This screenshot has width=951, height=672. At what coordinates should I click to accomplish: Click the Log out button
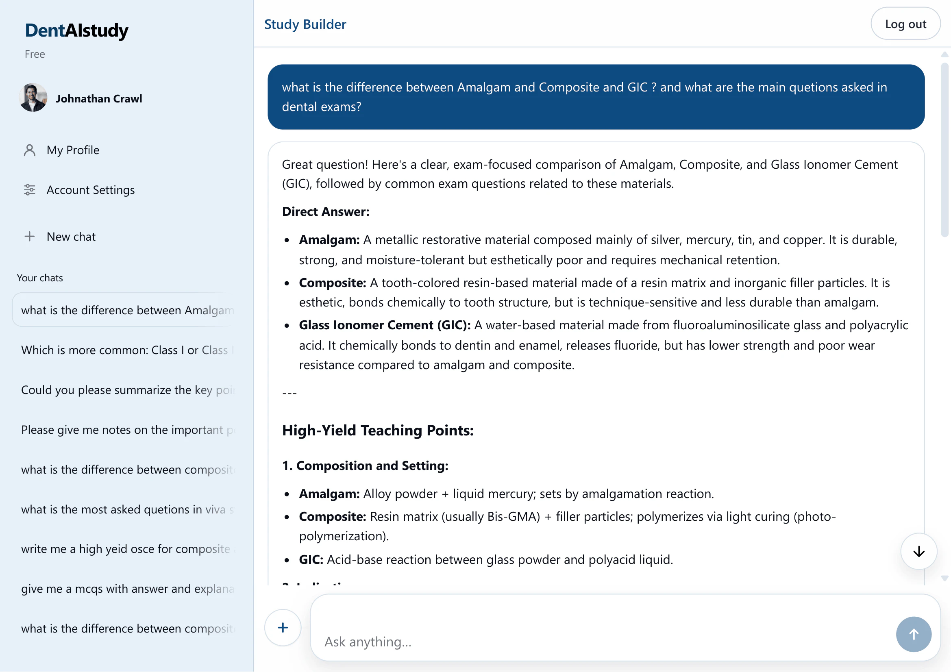click(x=905, y=24)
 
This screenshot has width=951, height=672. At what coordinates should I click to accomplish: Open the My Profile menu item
click(x=73, y=150)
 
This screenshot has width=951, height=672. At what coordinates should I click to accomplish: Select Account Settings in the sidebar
click(x=90, y=189)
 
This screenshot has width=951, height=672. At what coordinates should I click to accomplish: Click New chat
click(x=71, y=237)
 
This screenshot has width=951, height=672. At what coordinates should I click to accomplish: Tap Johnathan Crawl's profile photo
click(x=33, y=98)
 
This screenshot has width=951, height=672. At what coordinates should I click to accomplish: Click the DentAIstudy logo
click(x=76, y=30)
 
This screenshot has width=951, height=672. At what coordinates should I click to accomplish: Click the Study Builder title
click(x=305, y=24)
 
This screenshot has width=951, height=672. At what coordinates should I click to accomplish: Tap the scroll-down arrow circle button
click(x=918, y=551)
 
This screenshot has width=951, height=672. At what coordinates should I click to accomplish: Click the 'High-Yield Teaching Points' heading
click(x=377, y=430)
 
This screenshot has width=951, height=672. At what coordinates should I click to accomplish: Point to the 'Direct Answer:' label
click(x=326, y=211)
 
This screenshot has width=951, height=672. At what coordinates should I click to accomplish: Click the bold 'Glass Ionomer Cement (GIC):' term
click(x=384, y=325)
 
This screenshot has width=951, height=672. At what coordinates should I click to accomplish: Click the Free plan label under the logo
click(x=35, y=54)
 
